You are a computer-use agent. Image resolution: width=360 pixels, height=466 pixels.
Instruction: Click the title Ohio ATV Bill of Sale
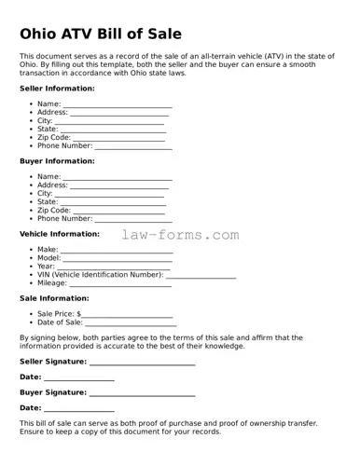click(x=112, y=34)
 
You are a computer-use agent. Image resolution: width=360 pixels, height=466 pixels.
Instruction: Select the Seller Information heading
click(x=57, y=88)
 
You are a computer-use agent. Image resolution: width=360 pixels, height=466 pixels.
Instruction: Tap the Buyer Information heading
click(x=57, y=161)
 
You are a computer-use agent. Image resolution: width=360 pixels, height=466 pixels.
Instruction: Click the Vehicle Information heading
click(x=60, y=234)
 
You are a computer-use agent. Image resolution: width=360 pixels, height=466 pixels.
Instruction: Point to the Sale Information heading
click(x=54, y=298)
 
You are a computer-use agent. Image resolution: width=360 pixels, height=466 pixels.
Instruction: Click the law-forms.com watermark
click(x=180, y=236)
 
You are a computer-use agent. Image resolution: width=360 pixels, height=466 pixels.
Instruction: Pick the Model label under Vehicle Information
click(x=48, y=258)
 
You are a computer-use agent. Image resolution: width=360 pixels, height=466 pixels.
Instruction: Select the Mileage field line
click(x=121, y=285)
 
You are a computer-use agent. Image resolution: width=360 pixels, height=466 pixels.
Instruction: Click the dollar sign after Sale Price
click(x=79, y=315)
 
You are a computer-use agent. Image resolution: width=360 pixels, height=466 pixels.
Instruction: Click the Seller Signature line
click(x=142, y=363)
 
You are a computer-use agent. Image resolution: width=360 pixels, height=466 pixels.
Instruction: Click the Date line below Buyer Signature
click(x=79, y=411)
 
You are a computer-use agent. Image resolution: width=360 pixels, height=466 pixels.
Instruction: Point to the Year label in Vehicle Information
click(x=46, y=267)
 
